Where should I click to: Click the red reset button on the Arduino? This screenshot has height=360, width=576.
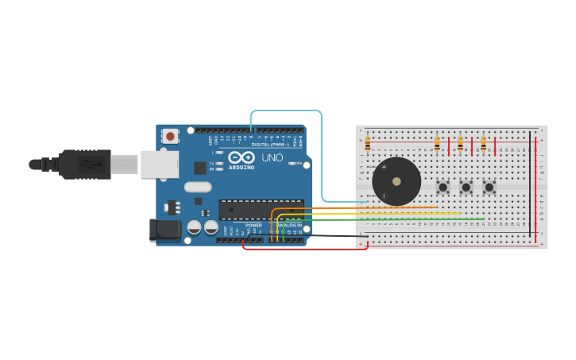point(170,136)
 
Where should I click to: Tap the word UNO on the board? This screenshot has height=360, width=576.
point(273,157)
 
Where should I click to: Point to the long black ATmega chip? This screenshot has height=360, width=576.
point(261,210)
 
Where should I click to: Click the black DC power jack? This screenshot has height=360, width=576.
point(165,230)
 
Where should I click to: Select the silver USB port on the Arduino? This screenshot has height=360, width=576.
point(159,165)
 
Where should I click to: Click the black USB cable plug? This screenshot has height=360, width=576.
point(84,165)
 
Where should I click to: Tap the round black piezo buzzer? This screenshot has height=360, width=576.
point(396,181)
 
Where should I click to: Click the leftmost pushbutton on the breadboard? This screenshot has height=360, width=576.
point(443,188)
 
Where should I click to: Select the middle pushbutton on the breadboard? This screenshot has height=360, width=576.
point(466,188)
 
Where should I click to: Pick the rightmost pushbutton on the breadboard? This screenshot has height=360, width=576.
point(489,188)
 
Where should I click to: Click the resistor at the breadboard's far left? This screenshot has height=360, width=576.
point(367,144)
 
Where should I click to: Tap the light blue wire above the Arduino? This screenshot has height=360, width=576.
point(286,110)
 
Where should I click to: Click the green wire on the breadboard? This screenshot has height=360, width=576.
point(413,219)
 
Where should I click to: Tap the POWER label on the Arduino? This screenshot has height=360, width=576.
point(253,225)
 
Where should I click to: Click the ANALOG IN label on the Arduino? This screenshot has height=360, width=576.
point(289,225)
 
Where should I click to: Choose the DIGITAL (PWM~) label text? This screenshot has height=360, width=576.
point(269,144)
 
